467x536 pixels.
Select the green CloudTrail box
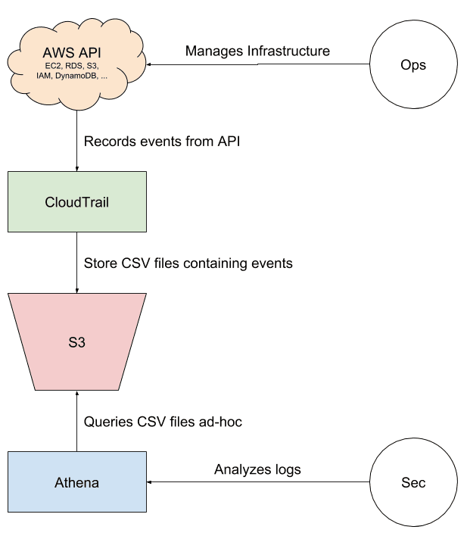click(76, 202)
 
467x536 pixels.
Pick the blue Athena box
click(76, 481)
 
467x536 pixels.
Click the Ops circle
click(413, 65)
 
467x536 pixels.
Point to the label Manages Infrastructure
click(257, 51)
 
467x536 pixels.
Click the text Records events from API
click(161, 142)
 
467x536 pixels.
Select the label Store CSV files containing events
click(188, 263)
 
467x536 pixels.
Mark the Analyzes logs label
click(257, 469)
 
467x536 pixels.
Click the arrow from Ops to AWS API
click(257, 65)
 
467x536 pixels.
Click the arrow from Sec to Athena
click(257, 481)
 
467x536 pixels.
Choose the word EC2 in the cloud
click(53, 67)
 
